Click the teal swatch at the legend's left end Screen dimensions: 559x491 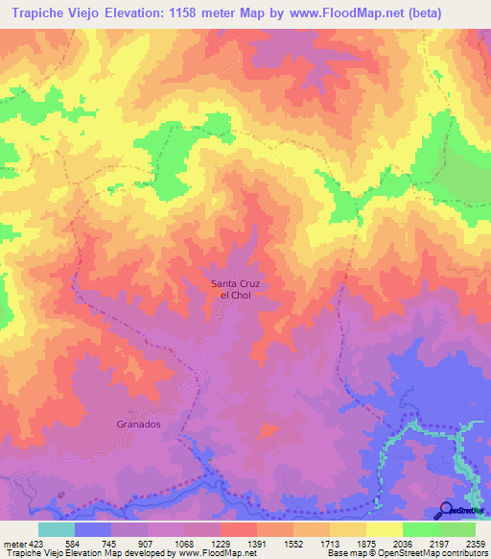coord(56,529)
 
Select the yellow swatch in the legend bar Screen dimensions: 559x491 coord(384,529)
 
